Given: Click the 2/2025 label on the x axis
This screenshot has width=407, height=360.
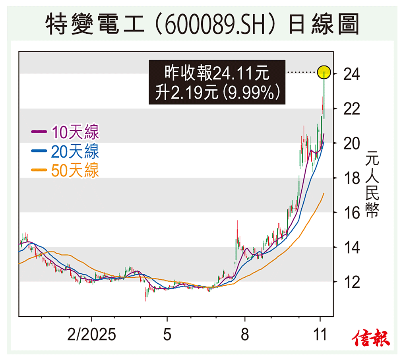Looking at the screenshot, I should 92,335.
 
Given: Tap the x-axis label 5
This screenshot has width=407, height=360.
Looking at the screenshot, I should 167,335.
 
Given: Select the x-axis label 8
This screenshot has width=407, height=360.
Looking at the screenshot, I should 245,335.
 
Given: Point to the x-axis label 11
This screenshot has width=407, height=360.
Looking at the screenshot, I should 320,335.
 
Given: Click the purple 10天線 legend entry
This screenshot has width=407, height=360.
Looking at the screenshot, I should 66,132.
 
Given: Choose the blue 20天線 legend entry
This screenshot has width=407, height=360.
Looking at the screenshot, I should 66,151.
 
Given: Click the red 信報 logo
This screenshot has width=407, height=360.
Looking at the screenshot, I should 371,338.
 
